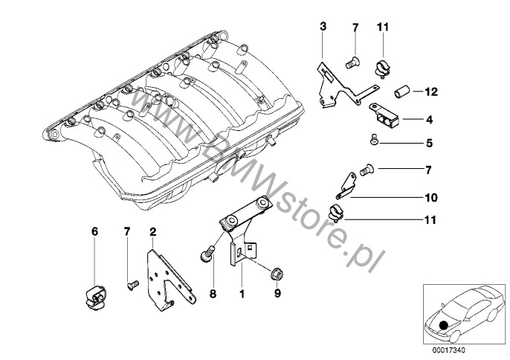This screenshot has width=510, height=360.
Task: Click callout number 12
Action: pyautogui.click(x=432, y=92)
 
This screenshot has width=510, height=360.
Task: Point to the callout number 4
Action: pyautogui.click(x=429, y=119)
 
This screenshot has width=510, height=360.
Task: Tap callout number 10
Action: pyautogui.click(x=429, y=199)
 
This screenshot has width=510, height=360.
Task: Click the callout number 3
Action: pyautogui.click(x=323, y=28)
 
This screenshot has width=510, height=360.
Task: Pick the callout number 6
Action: pyautogui.click(x=94, y=232)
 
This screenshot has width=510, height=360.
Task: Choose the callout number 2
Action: pyautogui.click(x=152, y=232)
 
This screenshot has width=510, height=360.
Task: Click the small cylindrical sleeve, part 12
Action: pyautogui.click(x=403, y=93)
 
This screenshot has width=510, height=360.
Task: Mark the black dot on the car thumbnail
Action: pyautogui.click(x=444, y=324)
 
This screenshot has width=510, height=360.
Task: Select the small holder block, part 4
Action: pyautogui.click(x=384, y=115)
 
